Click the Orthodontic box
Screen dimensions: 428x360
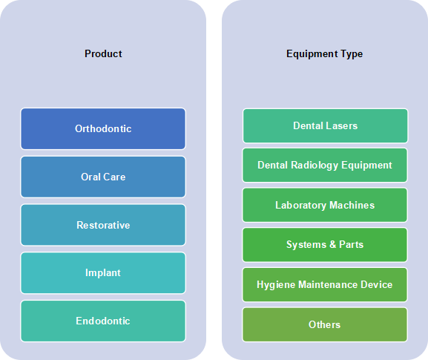click(103, 128)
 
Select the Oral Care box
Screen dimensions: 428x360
click(103, 177)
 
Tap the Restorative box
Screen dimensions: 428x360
click(103, 225)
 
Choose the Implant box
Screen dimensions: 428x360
click(103, 273)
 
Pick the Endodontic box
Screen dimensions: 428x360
click(103, 321)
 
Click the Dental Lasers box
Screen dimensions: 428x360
click(325, 125)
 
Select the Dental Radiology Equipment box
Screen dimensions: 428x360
click(325, 166)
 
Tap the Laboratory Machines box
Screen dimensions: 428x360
click(325, 205)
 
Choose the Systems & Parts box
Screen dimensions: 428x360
click(325, 245)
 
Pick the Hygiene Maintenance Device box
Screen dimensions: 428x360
click(325, 284)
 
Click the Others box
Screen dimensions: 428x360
click(325, 324)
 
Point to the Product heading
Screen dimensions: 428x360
click(103, 53)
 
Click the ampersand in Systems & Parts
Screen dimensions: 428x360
click(332, 244)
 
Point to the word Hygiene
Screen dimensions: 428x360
click(276, 285)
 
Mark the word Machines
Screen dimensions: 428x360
click(352, 205)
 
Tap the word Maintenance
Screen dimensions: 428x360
click(328, 284)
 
